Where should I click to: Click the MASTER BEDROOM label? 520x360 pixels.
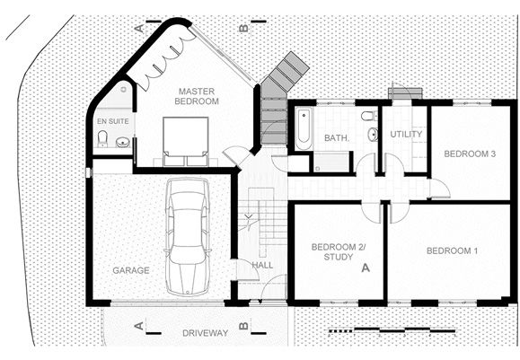tap(197, 96)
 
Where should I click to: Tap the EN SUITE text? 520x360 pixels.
tap(113, 121)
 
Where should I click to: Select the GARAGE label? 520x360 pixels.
tap(131, 270)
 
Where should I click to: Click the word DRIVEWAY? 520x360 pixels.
tap(206, 333)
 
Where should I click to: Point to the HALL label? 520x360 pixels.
tap(262, 265)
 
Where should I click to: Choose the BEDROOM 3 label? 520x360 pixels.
tap(470, 154)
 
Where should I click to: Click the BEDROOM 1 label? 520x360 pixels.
tap(452, 251)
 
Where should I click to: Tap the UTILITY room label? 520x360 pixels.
tap(406, 135)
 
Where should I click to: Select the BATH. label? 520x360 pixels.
tap(336, 137)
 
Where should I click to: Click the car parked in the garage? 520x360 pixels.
tap(188, 237)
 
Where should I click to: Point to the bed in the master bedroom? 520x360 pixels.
tap(185, 141)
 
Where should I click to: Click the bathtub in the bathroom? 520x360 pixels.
tap(304, 128)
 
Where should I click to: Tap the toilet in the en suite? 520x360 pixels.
tap(102, 139)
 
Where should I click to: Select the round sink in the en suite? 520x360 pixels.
tap(123, 143)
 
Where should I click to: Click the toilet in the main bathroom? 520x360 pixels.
tap(369, 116)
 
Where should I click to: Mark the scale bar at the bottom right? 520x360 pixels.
tap(392, 330)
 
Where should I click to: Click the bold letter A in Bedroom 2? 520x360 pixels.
tap(366, 268)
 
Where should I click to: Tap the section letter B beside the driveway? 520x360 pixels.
tap(243, 326)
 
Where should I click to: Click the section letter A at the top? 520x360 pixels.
tap(140, 29)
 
